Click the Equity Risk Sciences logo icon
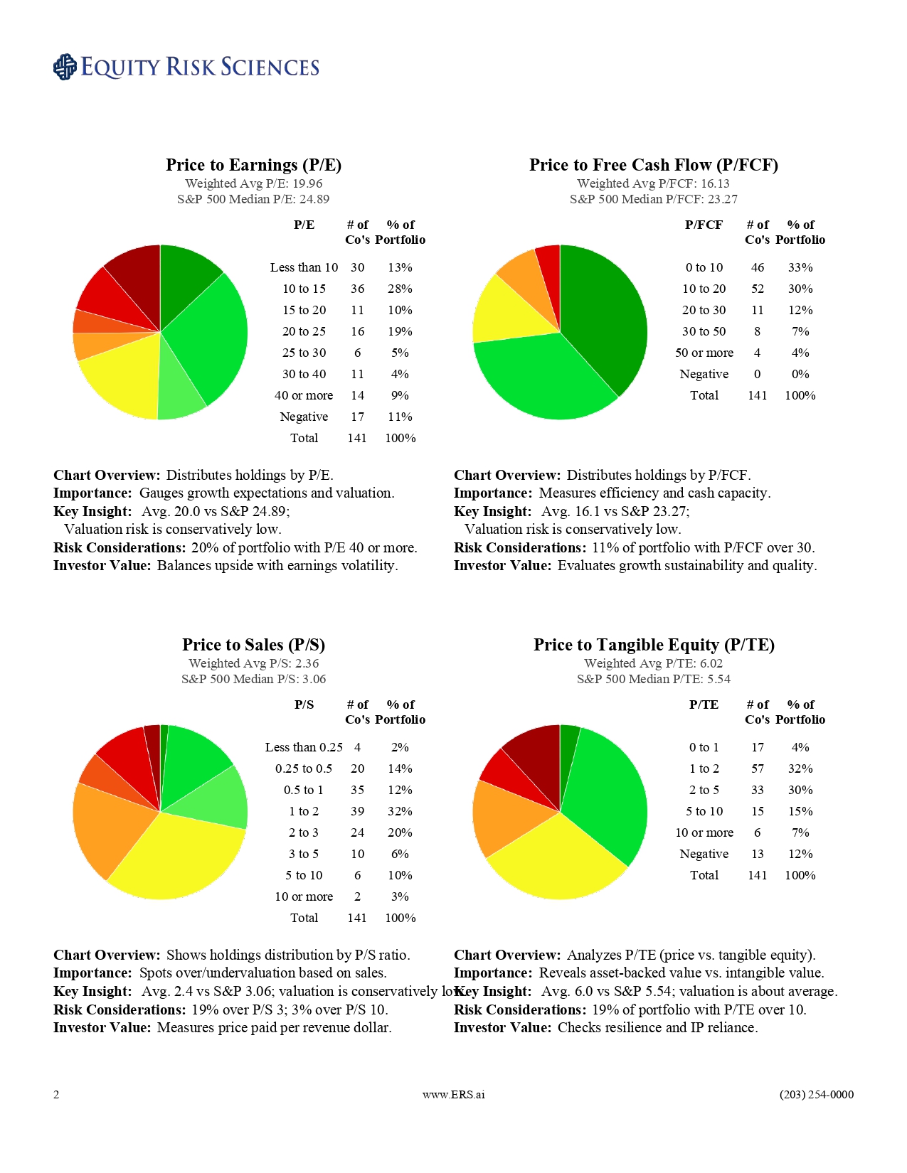point(65,67)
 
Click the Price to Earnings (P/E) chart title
point(253,165)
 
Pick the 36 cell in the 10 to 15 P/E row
point(357,289)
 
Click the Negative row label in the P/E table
point(304,417)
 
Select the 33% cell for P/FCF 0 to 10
point(800,267)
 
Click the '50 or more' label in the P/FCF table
point(704,353)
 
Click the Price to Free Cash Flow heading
point(653,165)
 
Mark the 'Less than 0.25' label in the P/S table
point(304,747)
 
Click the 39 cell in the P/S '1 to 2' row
point(357,811)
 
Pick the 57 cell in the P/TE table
point(757,768)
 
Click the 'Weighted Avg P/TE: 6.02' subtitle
point(653,663)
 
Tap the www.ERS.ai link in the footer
point(453,1094)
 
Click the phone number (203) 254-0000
point(816,1094)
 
